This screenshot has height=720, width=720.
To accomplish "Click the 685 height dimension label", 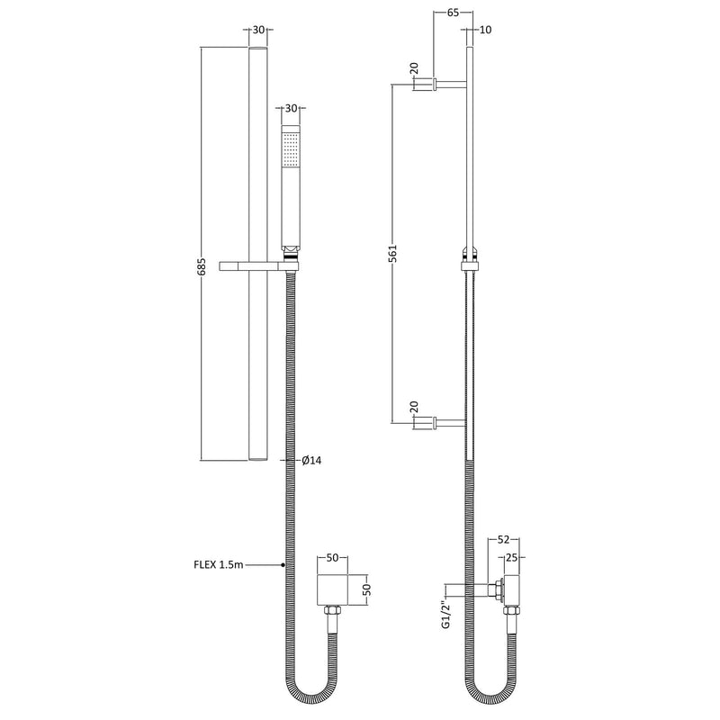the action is [x=202, y=266].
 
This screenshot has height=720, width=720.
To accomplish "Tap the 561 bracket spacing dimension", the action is [x=392, y=254].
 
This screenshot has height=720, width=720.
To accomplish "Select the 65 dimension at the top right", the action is [x=453, y=13].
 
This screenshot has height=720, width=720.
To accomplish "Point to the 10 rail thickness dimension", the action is [x=485, y=30].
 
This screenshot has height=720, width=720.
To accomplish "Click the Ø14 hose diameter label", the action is [x=311, y=460].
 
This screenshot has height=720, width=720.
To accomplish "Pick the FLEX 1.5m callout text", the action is [x=219, y=565].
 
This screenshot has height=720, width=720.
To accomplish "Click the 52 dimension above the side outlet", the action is [x=504, y=540].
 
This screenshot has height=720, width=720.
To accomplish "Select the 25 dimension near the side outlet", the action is [x=511, y=557].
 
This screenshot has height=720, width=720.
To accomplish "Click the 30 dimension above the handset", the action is [x=291, y=108].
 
